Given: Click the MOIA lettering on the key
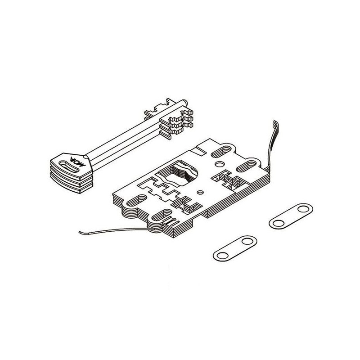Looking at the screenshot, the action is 77,162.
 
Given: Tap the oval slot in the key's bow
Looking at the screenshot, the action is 69,166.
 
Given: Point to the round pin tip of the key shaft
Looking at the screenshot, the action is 185,102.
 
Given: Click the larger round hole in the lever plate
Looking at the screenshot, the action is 220,164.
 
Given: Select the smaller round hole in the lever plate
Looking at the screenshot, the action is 200,193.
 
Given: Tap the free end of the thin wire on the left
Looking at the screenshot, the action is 80,233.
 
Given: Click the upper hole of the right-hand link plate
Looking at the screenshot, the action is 303,209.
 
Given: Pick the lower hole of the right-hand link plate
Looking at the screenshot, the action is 279,223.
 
